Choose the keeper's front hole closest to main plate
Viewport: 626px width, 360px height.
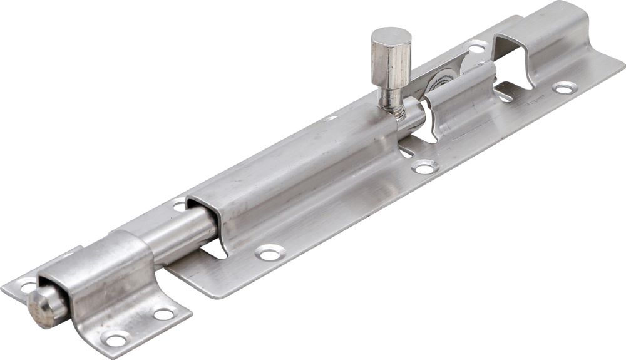[164, 314]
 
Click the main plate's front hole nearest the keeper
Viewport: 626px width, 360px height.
[270, 252]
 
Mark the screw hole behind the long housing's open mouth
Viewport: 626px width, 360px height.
[180, 204]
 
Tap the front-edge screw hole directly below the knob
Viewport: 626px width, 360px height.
[424, 167]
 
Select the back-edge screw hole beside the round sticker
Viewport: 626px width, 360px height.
[477, 47]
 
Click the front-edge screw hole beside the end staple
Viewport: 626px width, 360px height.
[565, 88]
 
